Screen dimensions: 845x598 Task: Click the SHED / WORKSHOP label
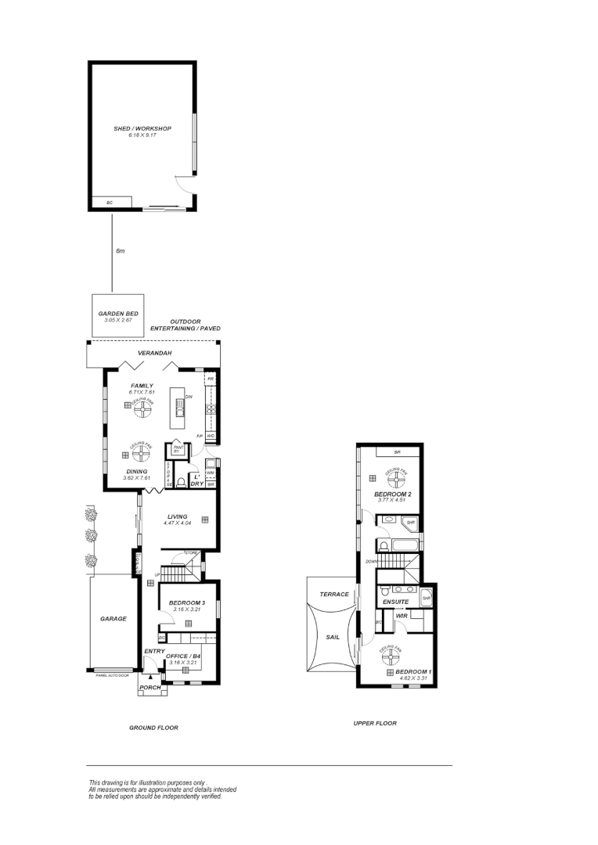pyautogui.click(x=142, y=128)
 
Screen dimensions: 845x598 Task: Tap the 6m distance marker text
pyautogui.click(x=120, y=251)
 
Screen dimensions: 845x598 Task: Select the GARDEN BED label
pyautogui.click(x=118, y=314)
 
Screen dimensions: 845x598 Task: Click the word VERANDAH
pyautogui.click(x=154, y=354)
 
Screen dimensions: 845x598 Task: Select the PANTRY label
pyautogui.click(x=178, y=451)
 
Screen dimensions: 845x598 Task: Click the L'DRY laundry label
pyautogui.click(x=198, y=480)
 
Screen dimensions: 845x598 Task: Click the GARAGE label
pyautogui.click(x=113, y=619)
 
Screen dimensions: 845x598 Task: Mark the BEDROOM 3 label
pyautogui.click(x=186, y=602)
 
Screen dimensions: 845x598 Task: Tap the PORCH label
pyautogui.click(x=149, y=689)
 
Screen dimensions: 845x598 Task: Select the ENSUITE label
pyautogui.click(x=396, y=602)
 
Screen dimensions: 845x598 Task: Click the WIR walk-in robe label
pyautogui.click(x=401, y=617)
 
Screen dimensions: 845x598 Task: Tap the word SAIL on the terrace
pyautogui.click(x=332, y=637)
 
